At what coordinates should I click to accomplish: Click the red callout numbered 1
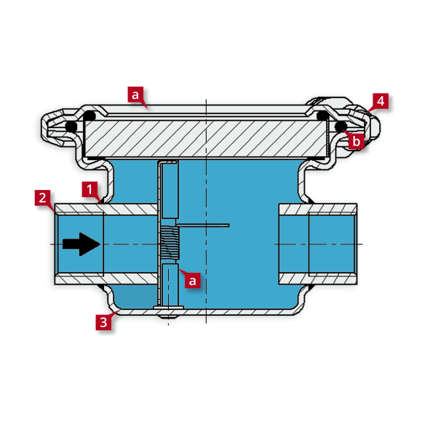coord(89,189)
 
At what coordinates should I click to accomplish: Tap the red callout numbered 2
coord(42,198)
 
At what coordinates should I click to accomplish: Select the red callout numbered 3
coord(103,322)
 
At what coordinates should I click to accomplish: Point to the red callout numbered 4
coord(381,101)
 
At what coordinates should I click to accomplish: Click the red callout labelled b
coord(356,141)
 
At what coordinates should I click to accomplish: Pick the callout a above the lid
coord(135,95)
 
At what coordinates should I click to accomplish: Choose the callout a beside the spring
coord(192,280)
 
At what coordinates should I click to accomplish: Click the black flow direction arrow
coord(81,244)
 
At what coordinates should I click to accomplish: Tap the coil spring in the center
coord(170,243)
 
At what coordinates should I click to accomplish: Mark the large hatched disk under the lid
coord(206,138)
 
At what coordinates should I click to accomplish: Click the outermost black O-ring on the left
coord(71,126)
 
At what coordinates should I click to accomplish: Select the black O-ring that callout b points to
coord(341,126)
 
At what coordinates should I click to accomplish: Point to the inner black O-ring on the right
coord(322,116)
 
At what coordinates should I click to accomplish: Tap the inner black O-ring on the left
coord(89,116)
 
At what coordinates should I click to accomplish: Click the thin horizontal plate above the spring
coord(203,225)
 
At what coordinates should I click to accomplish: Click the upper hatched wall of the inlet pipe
coord(106,209)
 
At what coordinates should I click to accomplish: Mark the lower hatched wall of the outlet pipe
coord(318,279)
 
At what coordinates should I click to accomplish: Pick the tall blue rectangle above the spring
coord(170,191)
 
